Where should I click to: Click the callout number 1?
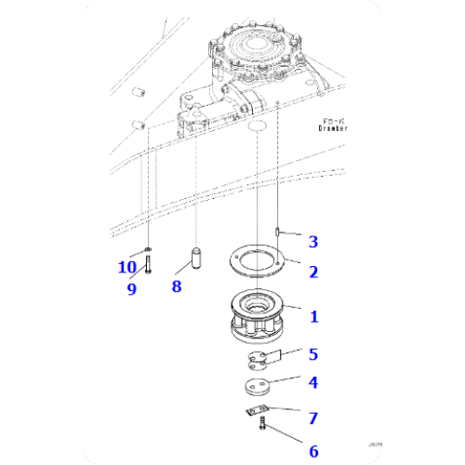pos(313,317)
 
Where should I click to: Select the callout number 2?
pos(313,272)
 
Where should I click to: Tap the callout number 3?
pos(313,242)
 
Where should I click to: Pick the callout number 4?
pos(313,381)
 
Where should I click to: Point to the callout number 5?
pos(313,353)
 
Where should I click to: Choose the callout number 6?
pos(313,451)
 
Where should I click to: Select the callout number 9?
pos(131,289)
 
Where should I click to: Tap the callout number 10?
pos(126,268)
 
